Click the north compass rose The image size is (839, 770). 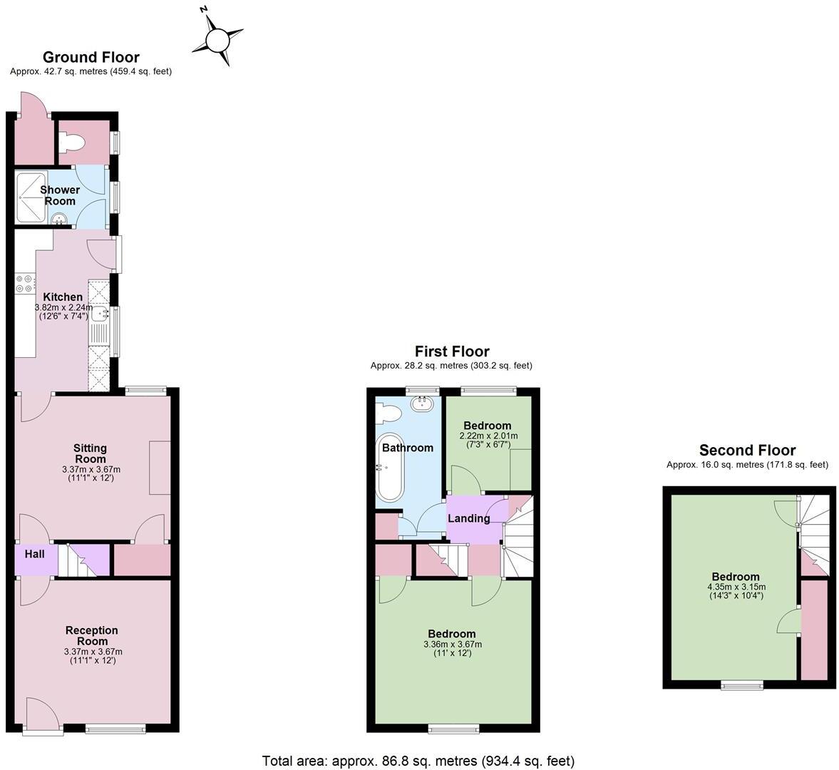pos(217,38)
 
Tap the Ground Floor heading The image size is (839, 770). pos(91,57)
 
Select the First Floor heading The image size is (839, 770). pos(452,351)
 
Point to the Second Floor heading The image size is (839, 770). pos(747,450)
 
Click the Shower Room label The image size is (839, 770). pos(60,195)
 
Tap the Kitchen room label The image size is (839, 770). pos(63,297)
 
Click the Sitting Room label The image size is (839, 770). pos(91,453)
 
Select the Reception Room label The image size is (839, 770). pos(91,635)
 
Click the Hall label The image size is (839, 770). pos(34,554)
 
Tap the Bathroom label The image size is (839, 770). pos(408,448)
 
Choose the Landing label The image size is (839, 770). pos(468,518)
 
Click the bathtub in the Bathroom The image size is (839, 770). pos(389,467)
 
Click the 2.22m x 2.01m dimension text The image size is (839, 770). pos(488,436)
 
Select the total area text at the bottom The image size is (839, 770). pos(418,761)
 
